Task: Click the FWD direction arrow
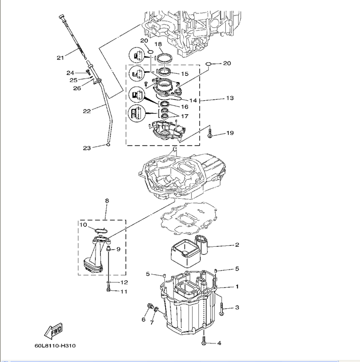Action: pyautogui.click(x=52, y=329)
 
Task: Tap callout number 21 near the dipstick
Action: pyautogui.click(x=60, y=57)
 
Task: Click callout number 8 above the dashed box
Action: pyautogui.click(x=107, y=200)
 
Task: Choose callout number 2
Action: pyautogui.click(x=237, y=245)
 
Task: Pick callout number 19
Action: pyautogui.click(x=229, y=133)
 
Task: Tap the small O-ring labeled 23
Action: pyautogui.click(x=108, y=145)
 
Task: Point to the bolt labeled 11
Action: pyautogui.click(x=108, y=291)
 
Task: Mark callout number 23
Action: pyautogui.click(x=87, y=148)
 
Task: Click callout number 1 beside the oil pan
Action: pyautogui.click(x=237, y=286)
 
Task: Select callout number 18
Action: pyautogui.click(x=158, y=44)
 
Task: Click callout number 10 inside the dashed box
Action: pyautogui.click(x=83, y=225)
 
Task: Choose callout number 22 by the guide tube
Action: pyautogui.click(x=87, y=111)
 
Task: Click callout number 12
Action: pyautogui.click(x=124, y=282)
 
